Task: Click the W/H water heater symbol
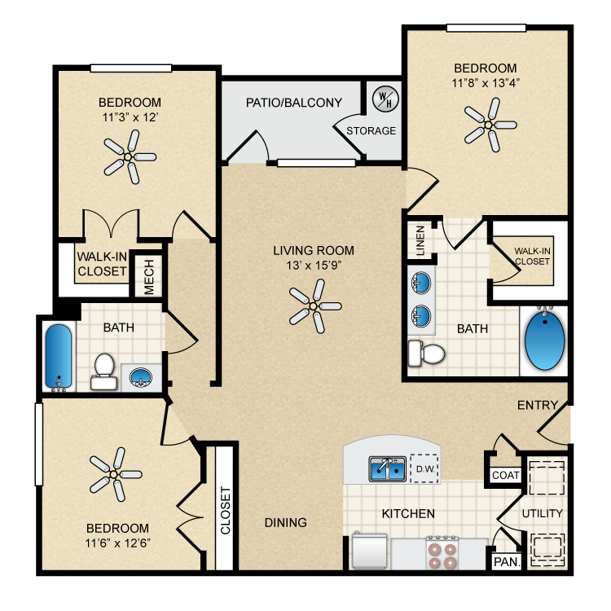385,99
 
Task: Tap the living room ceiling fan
314,306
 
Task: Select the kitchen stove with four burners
442,553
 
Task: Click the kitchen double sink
387,468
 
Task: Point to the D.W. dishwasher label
425,469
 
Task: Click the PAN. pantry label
507,562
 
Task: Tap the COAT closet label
505,475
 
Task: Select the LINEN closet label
420,240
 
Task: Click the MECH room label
149,277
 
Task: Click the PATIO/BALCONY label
294,103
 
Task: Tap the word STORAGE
371,130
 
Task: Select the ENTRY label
538,405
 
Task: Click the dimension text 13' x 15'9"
314,266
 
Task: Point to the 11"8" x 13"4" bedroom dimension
486,83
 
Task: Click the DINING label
286,522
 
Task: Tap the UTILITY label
542,513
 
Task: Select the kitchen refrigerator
369,552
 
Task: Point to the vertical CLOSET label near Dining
226,510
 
